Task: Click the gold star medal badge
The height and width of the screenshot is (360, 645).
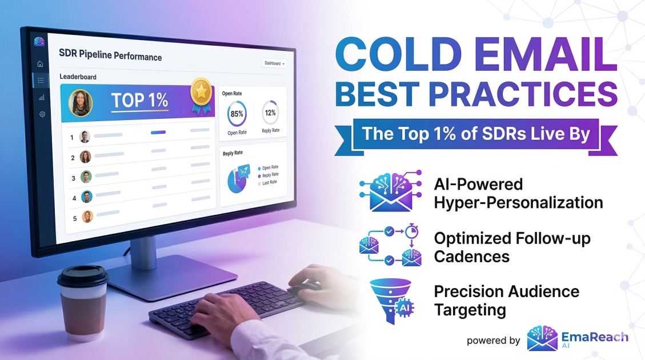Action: click(201, 93)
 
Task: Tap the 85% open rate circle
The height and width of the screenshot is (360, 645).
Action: click(237, 113)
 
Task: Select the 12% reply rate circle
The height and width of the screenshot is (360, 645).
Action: click(270, 113)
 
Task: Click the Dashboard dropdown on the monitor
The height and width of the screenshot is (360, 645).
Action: click(274, 63)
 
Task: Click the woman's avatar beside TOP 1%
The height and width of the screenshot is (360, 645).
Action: click(81, 103)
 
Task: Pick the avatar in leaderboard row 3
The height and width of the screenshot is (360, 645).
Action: click(86, 177)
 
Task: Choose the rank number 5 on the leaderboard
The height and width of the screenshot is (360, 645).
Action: click(73, 218)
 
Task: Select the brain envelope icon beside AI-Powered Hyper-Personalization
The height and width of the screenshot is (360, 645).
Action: click(390, 191)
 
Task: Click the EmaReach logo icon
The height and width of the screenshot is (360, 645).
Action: click(542, 338)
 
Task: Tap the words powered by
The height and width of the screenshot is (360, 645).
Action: click(493, 341)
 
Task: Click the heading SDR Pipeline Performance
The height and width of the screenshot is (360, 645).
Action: click(110, 57)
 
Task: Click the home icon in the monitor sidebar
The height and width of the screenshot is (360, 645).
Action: click(40, 64)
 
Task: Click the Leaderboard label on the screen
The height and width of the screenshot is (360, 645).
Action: click(78, 77)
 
